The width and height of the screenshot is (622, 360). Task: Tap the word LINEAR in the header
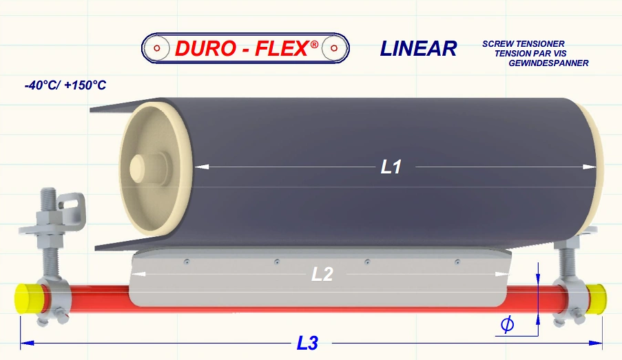[418, 48]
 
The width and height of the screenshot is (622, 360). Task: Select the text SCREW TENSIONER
[523, 44]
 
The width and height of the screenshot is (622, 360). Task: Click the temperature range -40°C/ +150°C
[65, 86]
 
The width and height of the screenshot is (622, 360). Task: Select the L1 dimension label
[391, 167]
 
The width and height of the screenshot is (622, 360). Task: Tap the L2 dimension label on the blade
[322, 274]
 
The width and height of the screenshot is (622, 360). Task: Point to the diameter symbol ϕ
[507, 324]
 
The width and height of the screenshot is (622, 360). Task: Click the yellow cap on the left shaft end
[26, 299]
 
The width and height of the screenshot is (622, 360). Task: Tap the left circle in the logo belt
[157, 47]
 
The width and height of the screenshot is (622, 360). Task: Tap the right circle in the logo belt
[334, 47]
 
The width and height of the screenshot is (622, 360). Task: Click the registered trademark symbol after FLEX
[314, 44]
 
